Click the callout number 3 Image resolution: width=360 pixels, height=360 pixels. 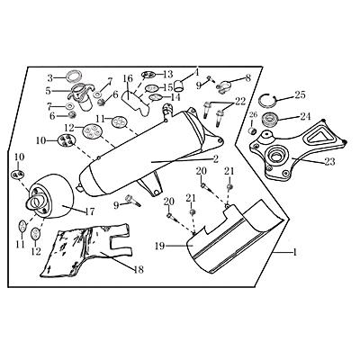[50, 78]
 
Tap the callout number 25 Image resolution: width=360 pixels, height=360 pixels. [300, 95]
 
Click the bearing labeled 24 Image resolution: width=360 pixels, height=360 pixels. [269, 120]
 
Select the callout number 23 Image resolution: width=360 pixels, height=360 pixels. [329, 162]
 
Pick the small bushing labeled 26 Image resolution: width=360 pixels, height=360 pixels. [253, 130]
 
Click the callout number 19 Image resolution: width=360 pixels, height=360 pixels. [161, 246]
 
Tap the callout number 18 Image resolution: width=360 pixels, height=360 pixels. [139, 269]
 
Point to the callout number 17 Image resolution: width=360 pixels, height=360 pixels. [89, 211]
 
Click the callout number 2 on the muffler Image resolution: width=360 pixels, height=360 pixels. [215, 159]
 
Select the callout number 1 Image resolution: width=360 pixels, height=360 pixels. [295, 253]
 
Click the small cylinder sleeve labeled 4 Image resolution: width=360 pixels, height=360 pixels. [179, 85]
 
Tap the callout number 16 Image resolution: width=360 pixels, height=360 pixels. [128, 78]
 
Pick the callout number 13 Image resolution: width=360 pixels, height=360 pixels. [168, 74]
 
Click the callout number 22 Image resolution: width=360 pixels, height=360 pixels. [240, 101]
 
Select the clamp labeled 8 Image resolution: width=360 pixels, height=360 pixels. [223, 87]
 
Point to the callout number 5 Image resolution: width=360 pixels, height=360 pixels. [48, 91]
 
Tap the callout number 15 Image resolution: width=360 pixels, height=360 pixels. [168, 87]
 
